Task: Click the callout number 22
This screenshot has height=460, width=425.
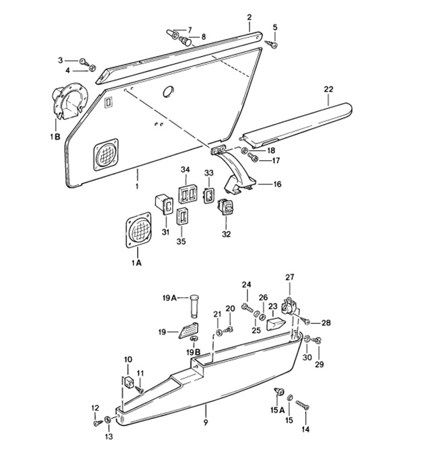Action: click(328, 89)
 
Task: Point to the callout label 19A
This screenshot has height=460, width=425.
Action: click(168, 298)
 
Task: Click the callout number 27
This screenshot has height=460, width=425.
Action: click(290, 277)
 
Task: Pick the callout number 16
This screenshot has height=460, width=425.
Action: click(276, 183)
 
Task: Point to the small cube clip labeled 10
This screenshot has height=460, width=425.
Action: click(128, 382)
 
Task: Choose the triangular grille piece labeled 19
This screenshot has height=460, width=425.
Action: click(187, 331)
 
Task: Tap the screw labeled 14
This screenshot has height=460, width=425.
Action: click(301, 405)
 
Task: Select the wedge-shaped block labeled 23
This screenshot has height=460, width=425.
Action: click(276, 324)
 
